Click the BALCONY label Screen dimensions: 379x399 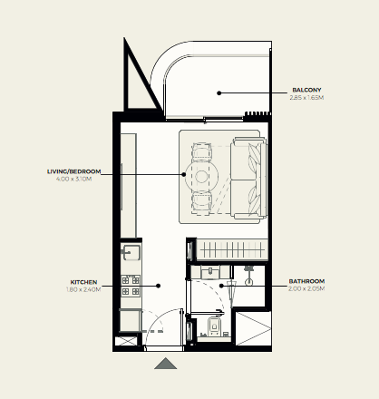coord(306,90)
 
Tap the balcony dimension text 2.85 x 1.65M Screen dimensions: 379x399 coord(306,98)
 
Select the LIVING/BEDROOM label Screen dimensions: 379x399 coord(73,171)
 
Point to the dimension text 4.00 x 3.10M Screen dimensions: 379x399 coord(73,179)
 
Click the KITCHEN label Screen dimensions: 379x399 coord(83,282)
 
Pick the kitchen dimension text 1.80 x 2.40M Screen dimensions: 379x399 coord(83,289)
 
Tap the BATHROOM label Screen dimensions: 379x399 coord(306,281)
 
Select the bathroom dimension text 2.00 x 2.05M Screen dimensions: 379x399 coord(306,288)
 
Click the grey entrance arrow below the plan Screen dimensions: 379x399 coord(165,364)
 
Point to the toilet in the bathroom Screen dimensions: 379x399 coord(214,326)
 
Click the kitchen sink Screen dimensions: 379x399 coord(131,252)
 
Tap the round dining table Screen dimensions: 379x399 coord(201,177)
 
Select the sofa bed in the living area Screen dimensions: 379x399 coord(248,178)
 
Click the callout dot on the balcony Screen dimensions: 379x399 coord(219,93)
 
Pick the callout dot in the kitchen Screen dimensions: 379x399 coord(158,286)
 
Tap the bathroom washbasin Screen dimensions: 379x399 coord(210,272)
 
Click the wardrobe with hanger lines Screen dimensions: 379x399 coord(232,249)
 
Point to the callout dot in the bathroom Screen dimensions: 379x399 coord(221,286)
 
